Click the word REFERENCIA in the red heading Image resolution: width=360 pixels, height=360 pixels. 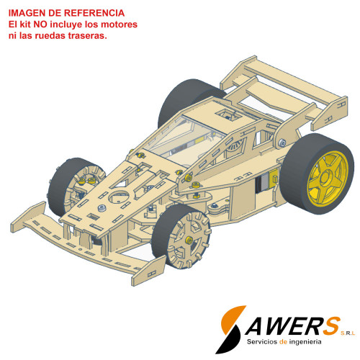coord(94,13)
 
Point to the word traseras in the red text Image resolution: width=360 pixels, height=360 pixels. coord(87,36)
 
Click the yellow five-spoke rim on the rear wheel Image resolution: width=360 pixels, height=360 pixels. coord(328,179)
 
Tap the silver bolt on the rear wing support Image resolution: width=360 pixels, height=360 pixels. coord(282,143)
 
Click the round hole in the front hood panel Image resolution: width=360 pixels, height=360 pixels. coord(118,197)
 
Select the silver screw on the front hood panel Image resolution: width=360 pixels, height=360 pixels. coord(102,208)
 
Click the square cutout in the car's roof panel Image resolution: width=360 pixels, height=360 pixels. coord(228,114)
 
